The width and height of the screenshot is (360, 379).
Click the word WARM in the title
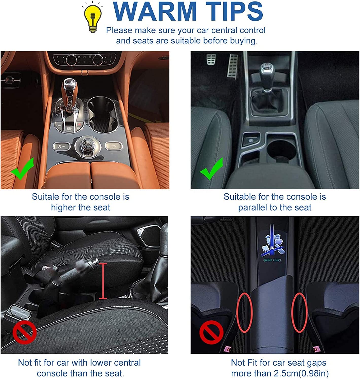coord(155,11)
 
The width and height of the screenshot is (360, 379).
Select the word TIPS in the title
coord(234,11)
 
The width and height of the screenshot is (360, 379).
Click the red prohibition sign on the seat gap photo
coord(211,332)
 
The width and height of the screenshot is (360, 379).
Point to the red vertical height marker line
coord(103,281)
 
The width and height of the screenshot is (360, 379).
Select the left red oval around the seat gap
coord(244,313)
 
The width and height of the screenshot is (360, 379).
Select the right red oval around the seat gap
coord(299,313)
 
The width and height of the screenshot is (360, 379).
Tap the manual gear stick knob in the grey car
coord(267,73)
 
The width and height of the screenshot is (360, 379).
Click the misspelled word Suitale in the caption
coord(45,197)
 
